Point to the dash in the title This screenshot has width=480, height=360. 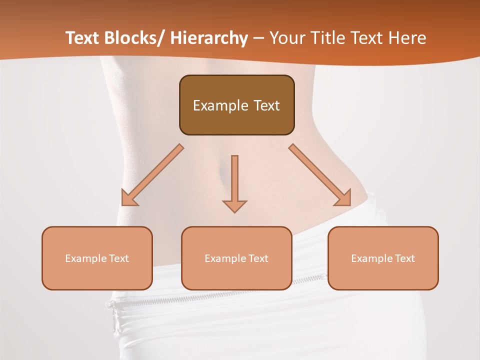(x=258, y=39)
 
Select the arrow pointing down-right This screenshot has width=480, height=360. (x=320, y=175)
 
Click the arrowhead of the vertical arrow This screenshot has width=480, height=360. (x=234, y=206)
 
